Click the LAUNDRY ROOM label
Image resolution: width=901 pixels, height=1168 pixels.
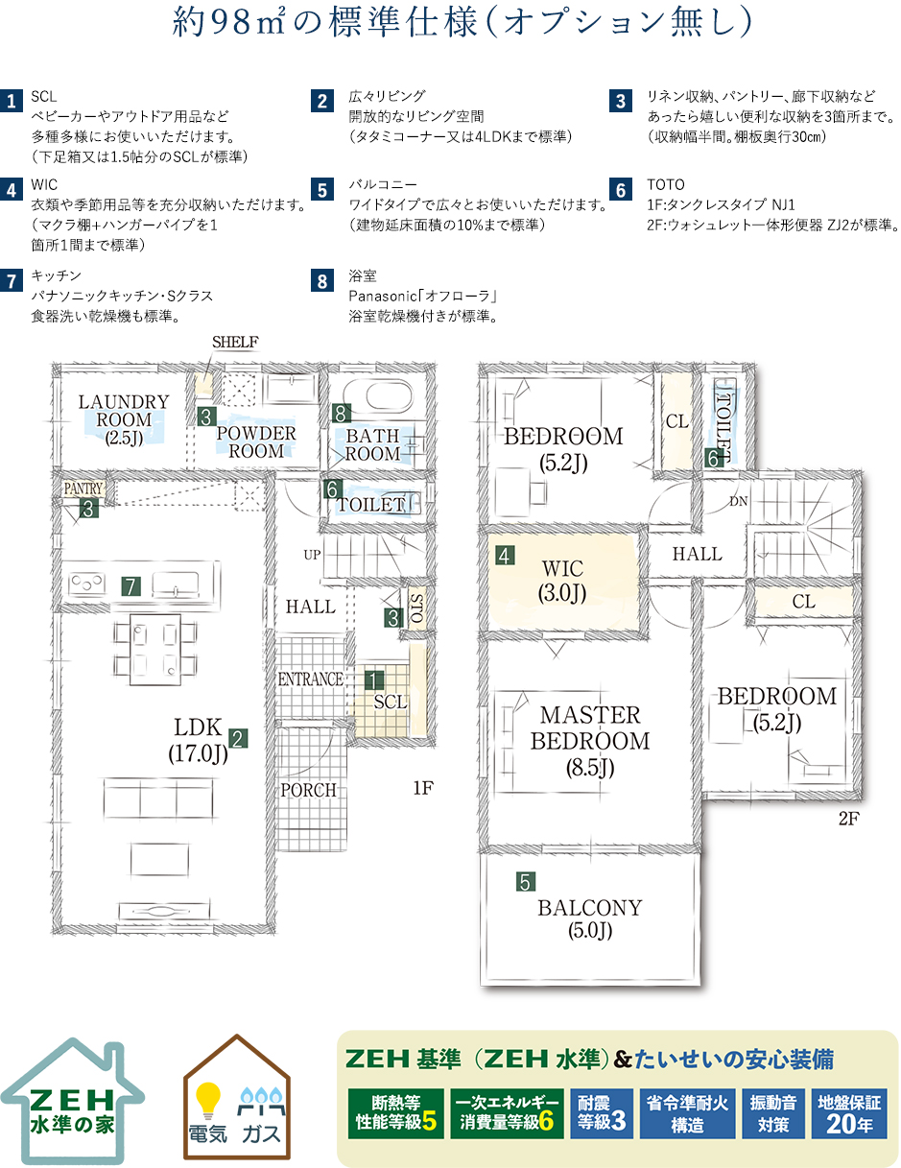[x=124, y=419]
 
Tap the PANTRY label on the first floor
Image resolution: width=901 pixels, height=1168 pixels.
[x=83, y=489]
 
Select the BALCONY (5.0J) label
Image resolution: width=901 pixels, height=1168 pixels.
[x=590, y=918]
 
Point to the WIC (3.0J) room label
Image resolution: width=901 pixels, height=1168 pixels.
[x=562, y=581]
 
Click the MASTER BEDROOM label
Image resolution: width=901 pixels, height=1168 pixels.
[x=590, y=741]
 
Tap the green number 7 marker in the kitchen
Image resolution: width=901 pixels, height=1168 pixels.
[x=131, y=585]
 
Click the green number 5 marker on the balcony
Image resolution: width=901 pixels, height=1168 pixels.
[x=525, y=882]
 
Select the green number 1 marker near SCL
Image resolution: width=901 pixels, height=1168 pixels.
[x=374, y=679]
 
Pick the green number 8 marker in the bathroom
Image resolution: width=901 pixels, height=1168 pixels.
[x=341, y=414]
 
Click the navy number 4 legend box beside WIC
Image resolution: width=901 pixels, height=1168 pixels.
[x=12, y=190]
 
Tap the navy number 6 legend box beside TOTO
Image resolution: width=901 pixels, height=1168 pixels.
[x=621, y=190]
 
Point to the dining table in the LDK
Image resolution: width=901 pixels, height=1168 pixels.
[x=154, y=650]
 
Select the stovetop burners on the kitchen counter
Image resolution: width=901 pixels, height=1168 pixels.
[x=86, y=584]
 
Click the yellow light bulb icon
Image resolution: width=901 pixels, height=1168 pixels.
[x=208, y=1100]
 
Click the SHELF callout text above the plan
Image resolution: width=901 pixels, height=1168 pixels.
[x=235, y=342]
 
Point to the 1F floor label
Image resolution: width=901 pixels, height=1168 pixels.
[x=423, y=788]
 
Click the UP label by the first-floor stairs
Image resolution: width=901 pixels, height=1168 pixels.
[x=312, y=555]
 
